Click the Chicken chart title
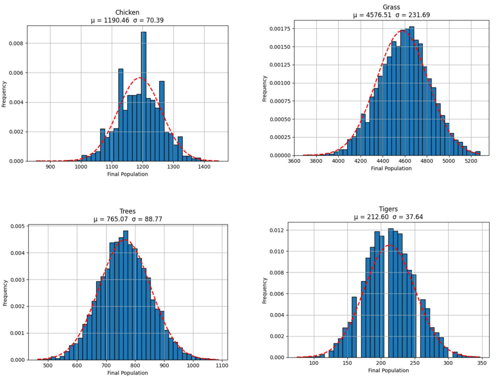pos(127,13)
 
